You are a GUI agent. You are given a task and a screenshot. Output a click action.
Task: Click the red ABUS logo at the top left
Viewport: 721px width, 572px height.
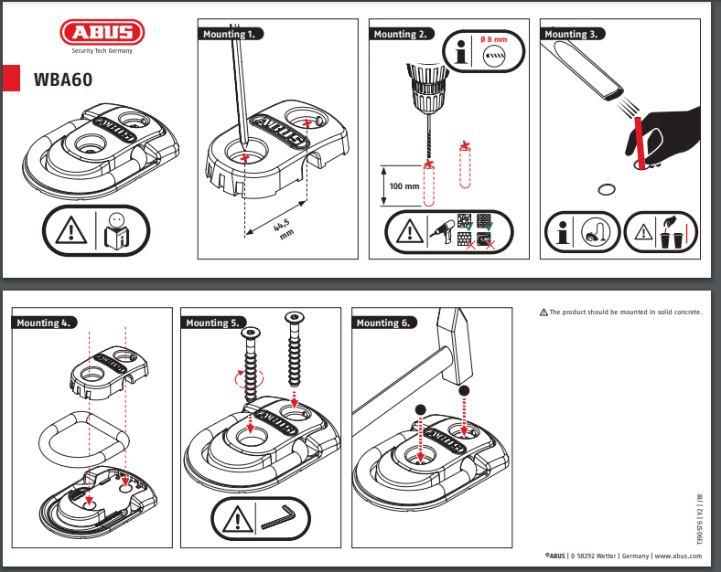point(102,34)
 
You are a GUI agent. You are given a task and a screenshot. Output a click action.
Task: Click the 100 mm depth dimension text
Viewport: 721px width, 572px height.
point(404,185)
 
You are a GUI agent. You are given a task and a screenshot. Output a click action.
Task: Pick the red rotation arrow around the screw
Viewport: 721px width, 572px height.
point(249,377)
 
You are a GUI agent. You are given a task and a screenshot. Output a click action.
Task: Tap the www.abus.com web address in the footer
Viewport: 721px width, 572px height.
point(683,555)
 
